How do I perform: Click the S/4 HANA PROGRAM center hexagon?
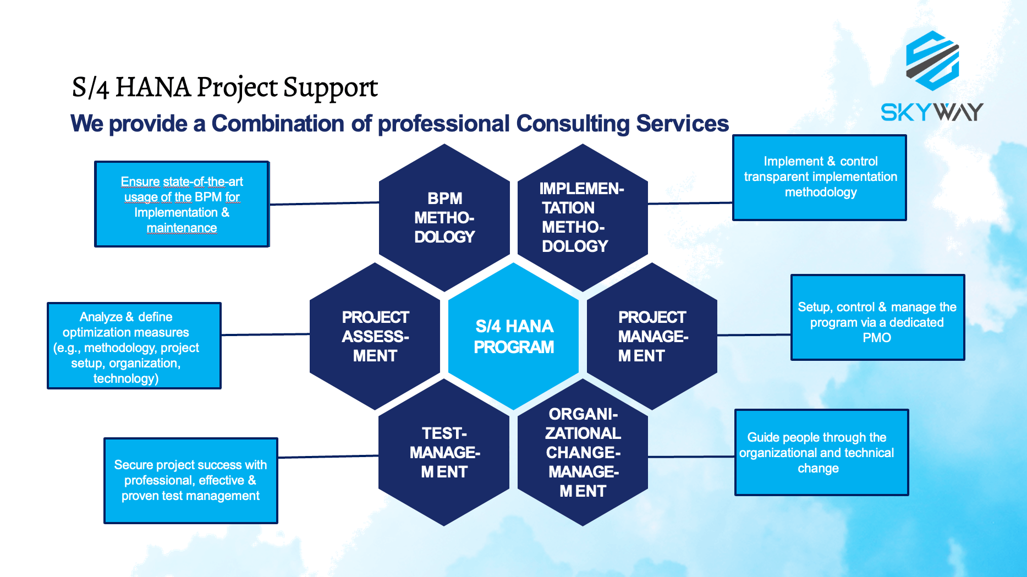tap(514, 336)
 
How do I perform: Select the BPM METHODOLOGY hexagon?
tap(444, 218)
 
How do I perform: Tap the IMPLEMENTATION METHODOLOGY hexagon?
tap(582, 218)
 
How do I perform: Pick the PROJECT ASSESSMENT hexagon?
tap(375, 336)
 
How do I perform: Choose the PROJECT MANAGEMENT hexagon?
tap(652, 336)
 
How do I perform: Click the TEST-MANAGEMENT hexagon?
tap(444, 452)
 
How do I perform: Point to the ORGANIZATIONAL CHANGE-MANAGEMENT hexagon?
tap(583, 452)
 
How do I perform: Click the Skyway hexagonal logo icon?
tap(932, 61)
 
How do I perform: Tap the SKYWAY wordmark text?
tap(932, 112)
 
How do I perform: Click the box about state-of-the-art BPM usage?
tap(182, 204)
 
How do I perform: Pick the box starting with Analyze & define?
tap(134, 346)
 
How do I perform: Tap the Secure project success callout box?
tap(190, 480)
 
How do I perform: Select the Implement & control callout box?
tap(820, 177)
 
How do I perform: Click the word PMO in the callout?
tap(877, 338)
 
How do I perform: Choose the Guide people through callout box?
tap(821, 452)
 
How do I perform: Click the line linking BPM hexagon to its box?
tap(324, 204)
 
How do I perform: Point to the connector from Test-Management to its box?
tap(328, 457)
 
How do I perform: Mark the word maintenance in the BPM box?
tap(182, 228)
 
